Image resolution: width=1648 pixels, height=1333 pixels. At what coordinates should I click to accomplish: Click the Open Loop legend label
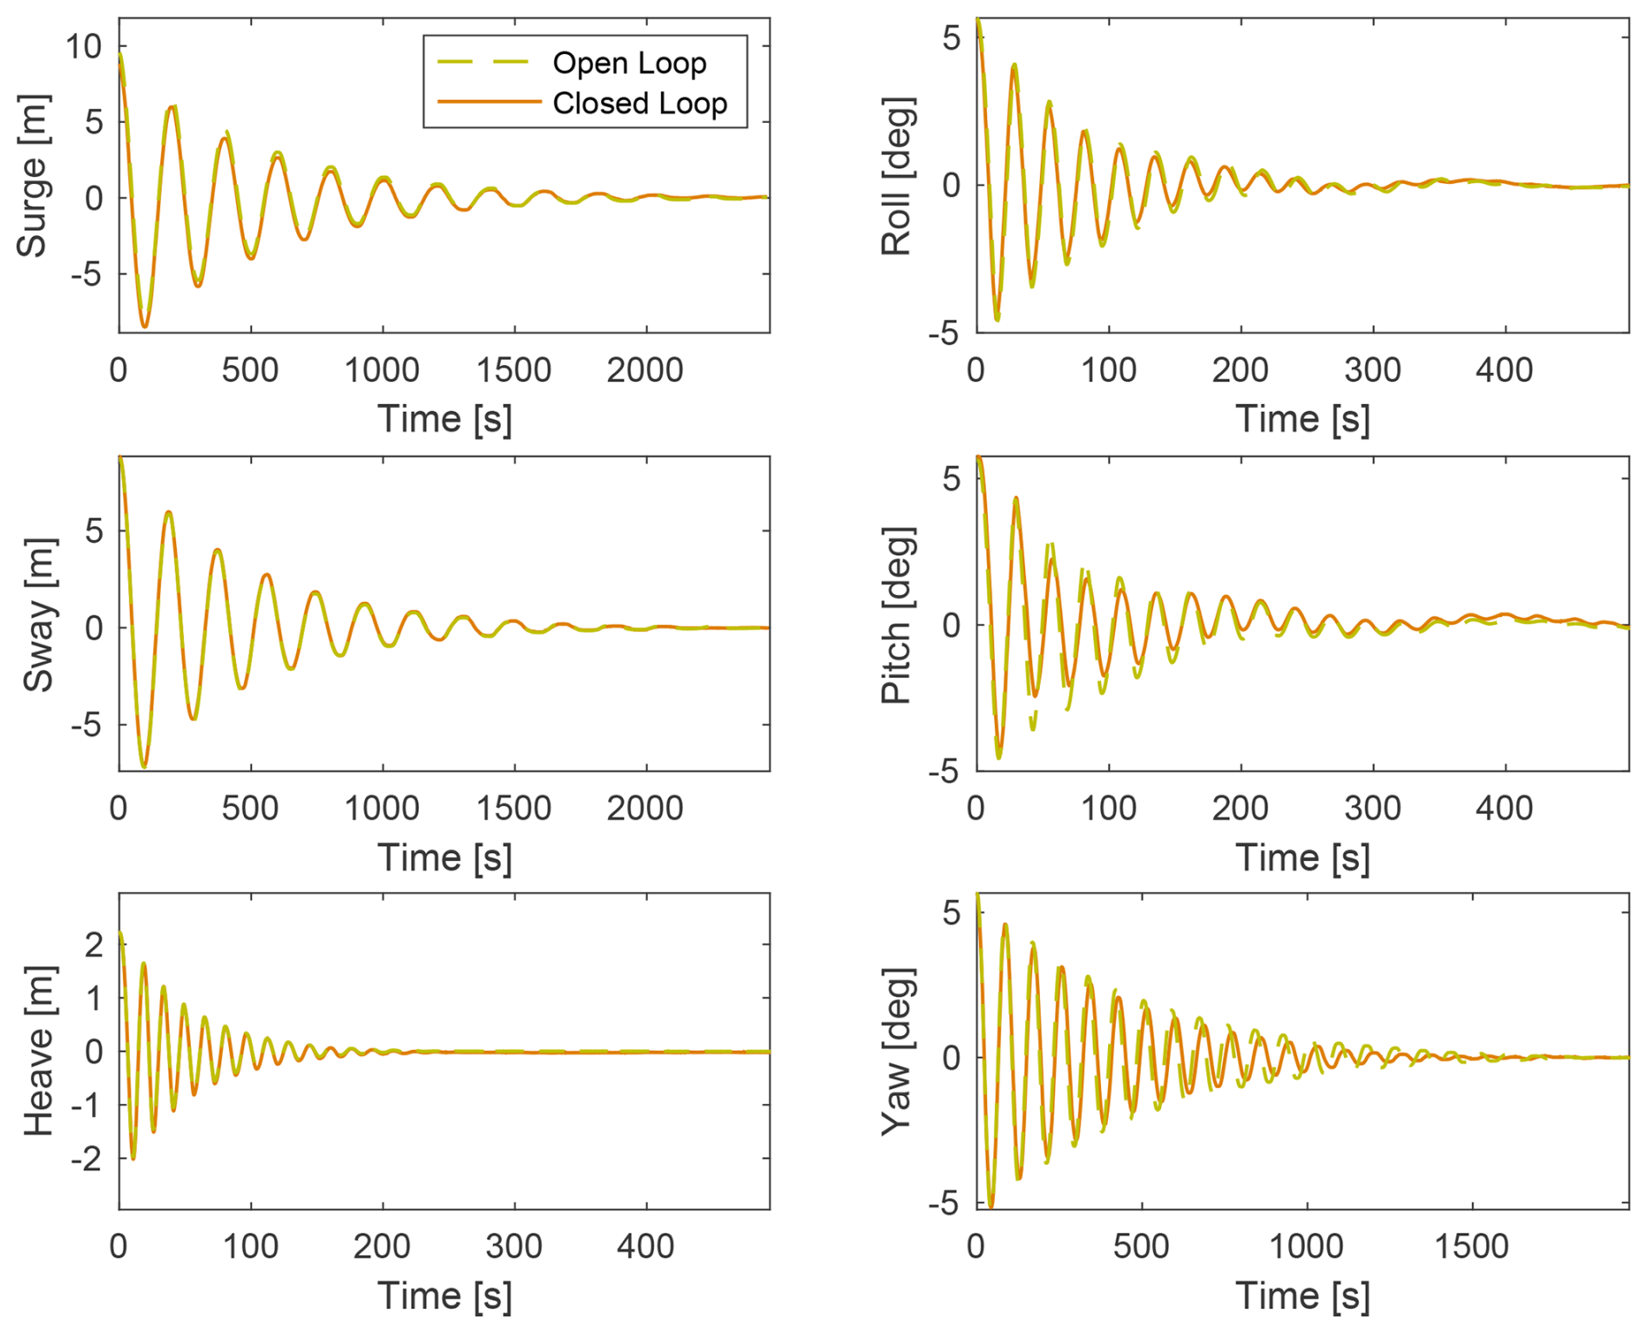click(x=629, y=63)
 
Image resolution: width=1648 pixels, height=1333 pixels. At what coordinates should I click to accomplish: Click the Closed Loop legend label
click(x=639, y=104)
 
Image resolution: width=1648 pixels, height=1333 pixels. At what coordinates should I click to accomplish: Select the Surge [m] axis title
click(x=32, y=176)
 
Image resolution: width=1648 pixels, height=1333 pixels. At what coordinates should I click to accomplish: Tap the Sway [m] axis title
click(x=38, y=615)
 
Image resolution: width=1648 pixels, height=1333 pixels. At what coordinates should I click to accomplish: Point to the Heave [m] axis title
click(x=38, y=1051)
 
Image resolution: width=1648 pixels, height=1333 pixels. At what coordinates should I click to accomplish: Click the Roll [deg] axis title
click(x=896, y=176)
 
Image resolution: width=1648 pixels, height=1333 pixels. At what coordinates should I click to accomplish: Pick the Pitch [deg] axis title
click(x=896, y=615)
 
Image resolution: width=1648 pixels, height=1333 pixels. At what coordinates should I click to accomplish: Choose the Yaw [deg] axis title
click(x=896, y=1051)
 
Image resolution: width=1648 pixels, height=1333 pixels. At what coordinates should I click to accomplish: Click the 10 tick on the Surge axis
click(x=84, y=46)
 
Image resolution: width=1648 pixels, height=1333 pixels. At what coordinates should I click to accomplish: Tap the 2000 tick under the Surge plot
click(x=645, y=370)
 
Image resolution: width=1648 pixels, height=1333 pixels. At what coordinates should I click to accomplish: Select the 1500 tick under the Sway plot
click(x=513, y=809)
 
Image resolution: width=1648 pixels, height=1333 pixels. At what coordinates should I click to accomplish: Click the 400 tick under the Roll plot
click(x=1504, y=370)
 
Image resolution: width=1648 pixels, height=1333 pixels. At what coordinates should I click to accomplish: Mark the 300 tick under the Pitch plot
click(x=1373, y=809)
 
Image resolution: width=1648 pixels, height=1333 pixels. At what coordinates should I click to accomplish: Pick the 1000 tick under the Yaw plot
click(x=1306, y=1246)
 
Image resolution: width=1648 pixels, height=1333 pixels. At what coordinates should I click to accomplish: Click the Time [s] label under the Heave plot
click(x=444, y=1296)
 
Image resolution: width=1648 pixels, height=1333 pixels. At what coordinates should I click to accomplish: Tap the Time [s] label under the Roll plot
click(x=1302, y=419)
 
